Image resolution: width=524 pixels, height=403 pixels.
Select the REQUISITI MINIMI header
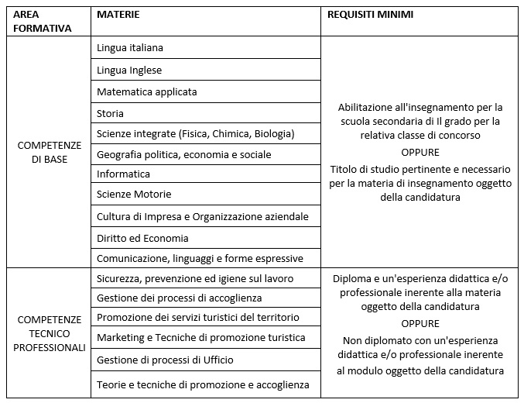(x=370, y=15)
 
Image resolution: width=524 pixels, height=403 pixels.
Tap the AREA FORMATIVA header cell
(x=43, y=21)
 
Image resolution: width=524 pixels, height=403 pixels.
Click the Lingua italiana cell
(x=130, y=48)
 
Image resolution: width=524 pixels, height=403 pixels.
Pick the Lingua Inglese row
(x=129, y=70)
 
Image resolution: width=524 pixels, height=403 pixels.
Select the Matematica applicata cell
(x=146, y=91)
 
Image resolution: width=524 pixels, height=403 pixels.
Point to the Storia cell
(x=110, y=113)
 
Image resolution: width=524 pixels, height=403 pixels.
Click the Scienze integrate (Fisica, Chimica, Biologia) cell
(x=195, y=133)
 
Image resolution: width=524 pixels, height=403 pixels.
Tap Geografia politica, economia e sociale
(x=183, y=154)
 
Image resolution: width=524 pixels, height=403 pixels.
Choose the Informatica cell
(x=123, y=174)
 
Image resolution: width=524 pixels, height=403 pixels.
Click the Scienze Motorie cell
(x=134, y=194)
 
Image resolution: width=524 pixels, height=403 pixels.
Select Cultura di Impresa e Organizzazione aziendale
(x=202, y=215)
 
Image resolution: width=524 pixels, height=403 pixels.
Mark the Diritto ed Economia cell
(x=142, y=238)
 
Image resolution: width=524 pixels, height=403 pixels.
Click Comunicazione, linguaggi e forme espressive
(x=200, y=258)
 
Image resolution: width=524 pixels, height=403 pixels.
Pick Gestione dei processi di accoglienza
(x=179, y=298)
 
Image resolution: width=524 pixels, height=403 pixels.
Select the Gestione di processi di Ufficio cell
(x=165, y=360)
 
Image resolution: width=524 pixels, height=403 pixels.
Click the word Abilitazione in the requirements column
(x=368, y=107)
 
